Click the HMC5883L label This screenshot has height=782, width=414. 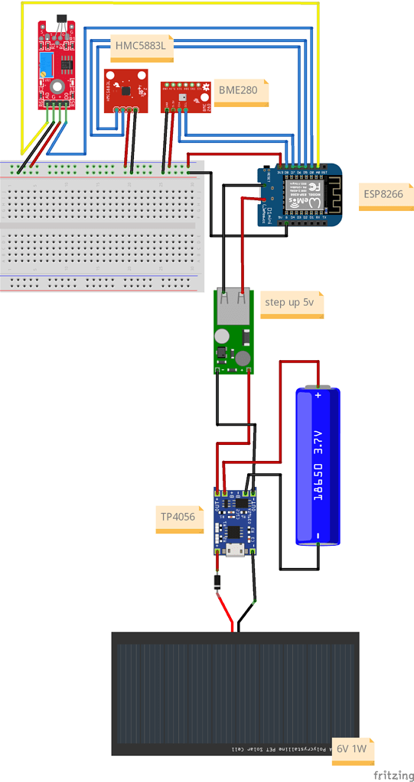[142, 47]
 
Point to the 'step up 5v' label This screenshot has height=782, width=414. [290, 303]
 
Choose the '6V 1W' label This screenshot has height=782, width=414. [353, 751]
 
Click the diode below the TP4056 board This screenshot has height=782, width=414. [218, 582]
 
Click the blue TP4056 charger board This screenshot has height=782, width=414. [235, 521]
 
